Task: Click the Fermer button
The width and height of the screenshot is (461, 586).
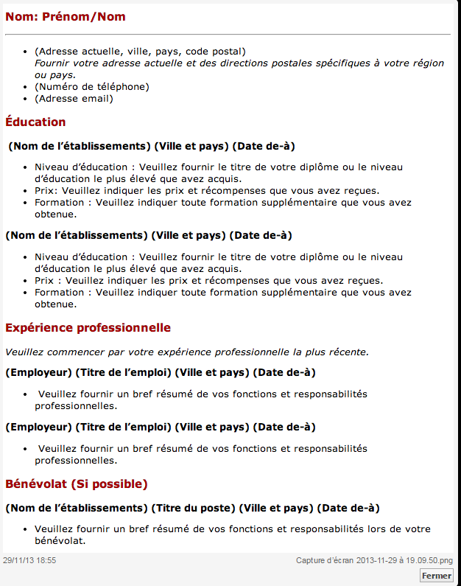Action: click(437, 576)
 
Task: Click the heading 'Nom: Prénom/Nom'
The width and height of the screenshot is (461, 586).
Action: click(66, 17)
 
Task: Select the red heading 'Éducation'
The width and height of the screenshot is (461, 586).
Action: click(35, 122)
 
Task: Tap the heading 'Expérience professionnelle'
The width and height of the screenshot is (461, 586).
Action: click(88, 327)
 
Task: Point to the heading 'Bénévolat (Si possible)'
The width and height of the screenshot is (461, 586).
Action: click(77, 484)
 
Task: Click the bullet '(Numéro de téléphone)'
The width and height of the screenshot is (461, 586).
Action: click(91, 87)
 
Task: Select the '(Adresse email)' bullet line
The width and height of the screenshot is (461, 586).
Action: click(74, 99)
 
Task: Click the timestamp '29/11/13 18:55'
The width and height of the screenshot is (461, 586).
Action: click(29, 560)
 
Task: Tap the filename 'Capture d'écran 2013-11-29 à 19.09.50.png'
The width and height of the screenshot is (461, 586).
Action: click(374, 560)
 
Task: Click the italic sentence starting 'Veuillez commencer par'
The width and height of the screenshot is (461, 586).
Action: click(187, 352)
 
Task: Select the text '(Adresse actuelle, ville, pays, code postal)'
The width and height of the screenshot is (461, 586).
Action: click(140, 52)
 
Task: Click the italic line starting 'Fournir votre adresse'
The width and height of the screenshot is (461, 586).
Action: click(239, 63)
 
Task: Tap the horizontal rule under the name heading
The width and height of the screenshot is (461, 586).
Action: click(228, 34)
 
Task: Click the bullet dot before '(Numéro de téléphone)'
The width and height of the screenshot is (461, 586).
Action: click(27, 87)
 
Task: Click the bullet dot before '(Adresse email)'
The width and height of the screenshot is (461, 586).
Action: click(27, 99)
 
